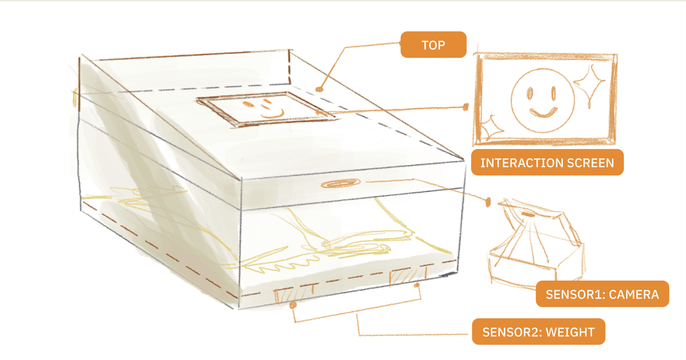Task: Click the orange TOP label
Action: tap(433, 45)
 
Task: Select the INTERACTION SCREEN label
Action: tap(547, 163)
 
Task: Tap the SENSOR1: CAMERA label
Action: tap(602, 294)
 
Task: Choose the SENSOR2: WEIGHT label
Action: tap(538, 332)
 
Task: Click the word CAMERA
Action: tap(634, 294)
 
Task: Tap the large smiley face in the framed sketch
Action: tap(542, 100)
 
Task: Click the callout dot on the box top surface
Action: tap(319, 89)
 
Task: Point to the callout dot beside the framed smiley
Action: tap(466, 107)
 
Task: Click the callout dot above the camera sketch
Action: tap(488, 202)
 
